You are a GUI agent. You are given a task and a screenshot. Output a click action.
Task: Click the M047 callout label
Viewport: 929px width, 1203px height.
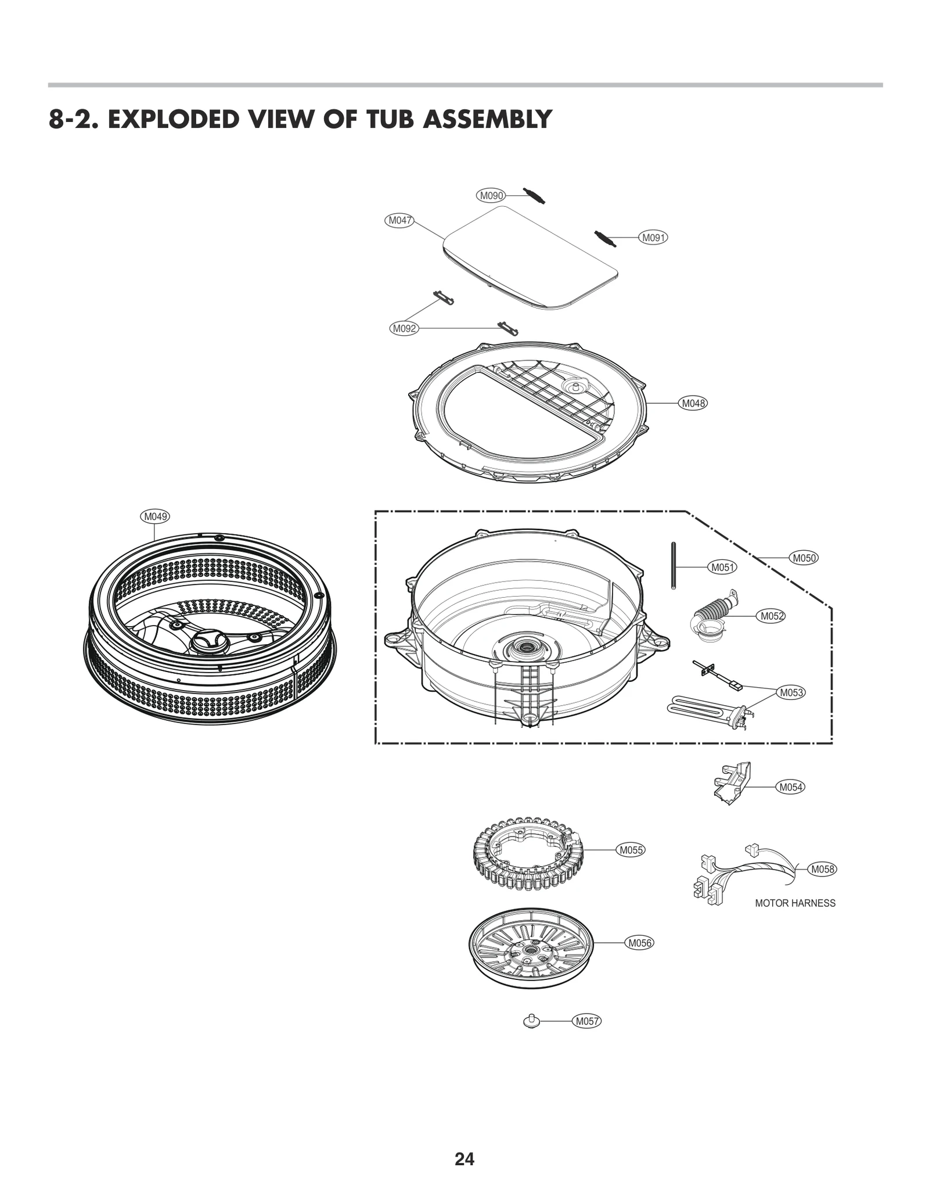399,220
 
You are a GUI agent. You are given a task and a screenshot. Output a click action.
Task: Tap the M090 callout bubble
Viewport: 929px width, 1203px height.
491,196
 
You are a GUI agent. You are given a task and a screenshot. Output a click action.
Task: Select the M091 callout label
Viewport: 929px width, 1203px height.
653,238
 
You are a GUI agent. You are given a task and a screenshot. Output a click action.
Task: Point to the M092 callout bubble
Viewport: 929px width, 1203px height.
404,329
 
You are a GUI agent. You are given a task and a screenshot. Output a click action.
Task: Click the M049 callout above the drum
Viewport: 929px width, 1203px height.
155,516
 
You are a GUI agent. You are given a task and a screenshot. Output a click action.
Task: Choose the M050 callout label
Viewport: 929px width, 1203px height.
804,558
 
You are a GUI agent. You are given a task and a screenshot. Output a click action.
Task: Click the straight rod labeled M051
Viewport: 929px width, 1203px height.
673,566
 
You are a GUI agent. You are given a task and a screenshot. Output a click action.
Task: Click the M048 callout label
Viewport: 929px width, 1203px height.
693,403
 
